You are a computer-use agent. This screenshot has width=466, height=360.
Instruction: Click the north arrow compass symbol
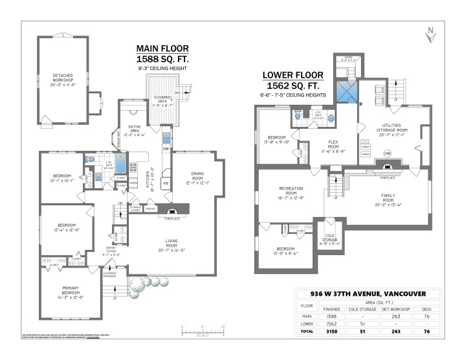(x=428, y=34)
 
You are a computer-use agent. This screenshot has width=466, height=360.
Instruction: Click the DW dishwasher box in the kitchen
(x=166, y=149)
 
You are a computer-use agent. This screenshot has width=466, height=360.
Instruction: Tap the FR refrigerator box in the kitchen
(x=166, y=183)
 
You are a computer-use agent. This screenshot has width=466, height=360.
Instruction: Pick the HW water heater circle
(x=387, y=153)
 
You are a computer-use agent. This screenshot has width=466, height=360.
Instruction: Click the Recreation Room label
(x=291, y=192)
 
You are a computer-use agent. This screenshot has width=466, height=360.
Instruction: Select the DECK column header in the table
(x=425, y=309)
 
